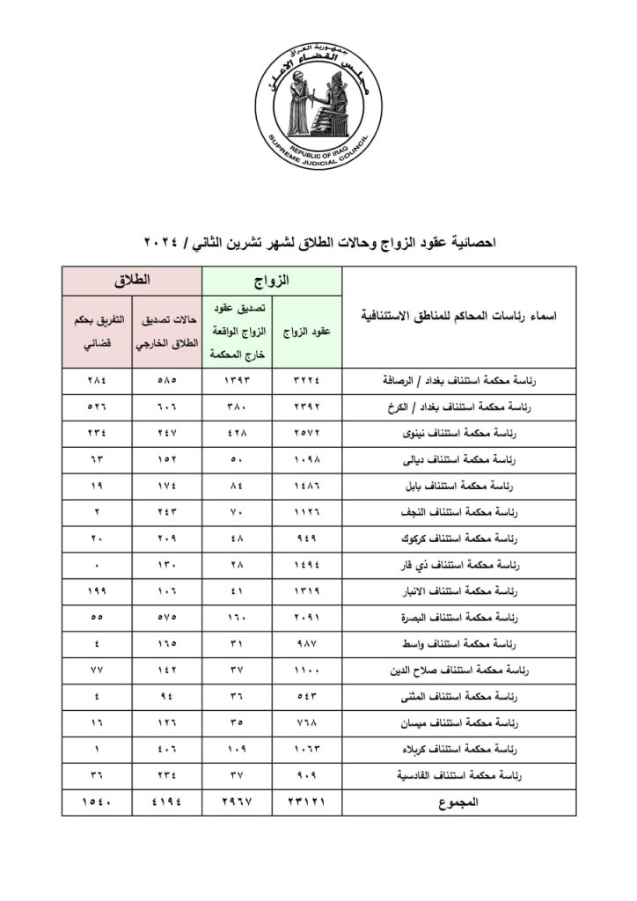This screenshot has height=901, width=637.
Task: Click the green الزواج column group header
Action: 272,282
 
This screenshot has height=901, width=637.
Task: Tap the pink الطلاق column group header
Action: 132,282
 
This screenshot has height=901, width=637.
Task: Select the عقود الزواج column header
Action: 307,333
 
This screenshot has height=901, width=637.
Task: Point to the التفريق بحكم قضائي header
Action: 97,333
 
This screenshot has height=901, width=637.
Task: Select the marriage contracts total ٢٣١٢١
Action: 307,802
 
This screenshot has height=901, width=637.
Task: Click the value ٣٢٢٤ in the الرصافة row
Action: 307,382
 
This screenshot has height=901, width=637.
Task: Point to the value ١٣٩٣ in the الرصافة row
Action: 238,382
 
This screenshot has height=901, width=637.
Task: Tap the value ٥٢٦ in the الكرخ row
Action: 97,407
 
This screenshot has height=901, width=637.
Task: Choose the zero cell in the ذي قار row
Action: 97,565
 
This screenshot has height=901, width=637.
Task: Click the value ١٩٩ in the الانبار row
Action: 97,591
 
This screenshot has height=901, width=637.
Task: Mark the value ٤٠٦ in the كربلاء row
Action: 167,750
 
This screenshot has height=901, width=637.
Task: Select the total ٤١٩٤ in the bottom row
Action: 167,802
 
